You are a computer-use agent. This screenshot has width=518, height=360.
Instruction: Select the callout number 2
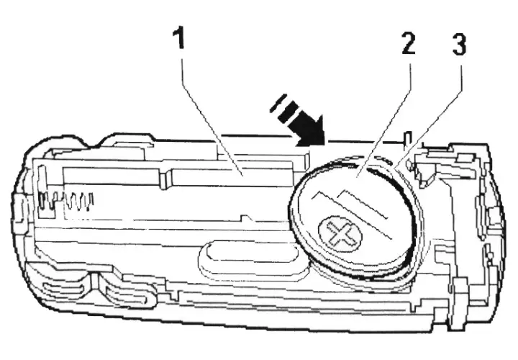click(409, 44)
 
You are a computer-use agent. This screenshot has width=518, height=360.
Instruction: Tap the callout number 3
click(459, 45)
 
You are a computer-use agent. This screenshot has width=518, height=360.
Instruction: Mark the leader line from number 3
click(427, 117)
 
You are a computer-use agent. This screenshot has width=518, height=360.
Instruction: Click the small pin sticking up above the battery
click(408, 140)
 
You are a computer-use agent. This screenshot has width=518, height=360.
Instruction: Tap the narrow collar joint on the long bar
click(165, 179)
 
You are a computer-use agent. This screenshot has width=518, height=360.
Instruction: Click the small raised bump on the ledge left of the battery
click(246, 218)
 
